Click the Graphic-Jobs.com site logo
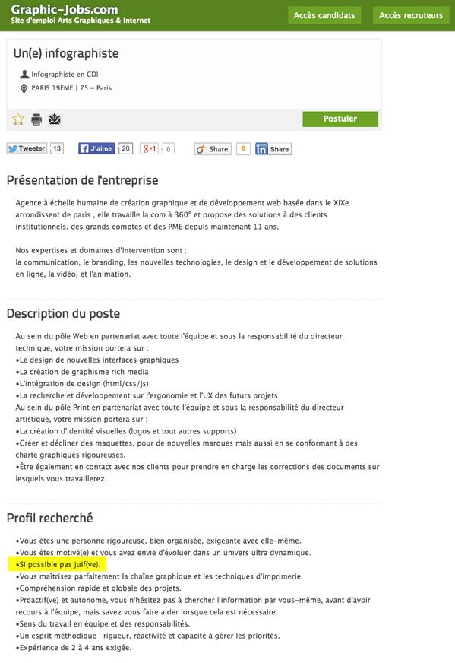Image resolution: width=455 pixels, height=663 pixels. [65, 10]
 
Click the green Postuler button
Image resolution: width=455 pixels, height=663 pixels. [340, 119]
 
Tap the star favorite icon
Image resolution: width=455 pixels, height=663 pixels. [18, 119]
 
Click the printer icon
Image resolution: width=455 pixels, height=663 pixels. [36, 119]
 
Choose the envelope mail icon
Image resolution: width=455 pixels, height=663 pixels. [55, 119]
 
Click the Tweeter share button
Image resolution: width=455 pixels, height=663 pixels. [27, 149]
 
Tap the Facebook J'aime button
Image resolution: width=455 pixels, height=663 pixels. [96, 149]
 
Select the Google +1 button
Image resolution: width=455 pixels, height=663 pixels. [149, 149]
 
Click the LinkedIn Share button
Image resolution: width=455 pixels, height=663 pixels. [273, 149]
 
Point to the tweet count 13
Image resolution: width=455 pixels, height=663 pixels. [57, 148]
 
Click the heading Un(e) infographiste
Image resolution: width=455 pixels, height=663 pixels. [66, 53]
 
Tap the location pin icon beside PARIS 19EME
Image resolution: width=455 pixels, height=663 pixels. [24, 89]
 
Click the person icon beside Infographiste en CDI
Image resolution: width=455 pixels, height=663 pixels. [24, 75]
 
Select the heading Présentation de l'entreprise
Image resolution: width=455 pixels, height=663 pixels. [82, 180]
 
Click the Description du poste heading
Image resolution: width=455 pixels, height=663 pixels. [63, 313]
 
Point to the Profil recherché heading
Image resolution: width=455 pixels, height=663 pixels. [49, 518]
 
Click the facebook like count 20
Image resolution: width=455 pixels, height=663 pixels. [126, 148]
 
